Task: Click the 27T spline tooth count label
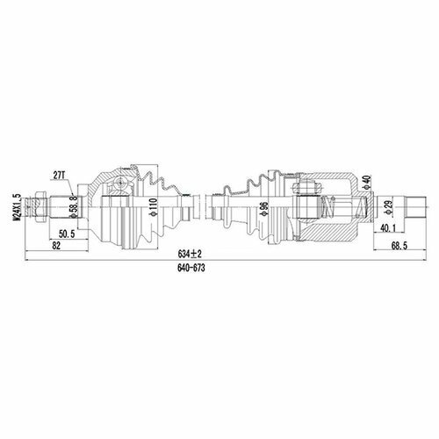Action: (x=59, y=176)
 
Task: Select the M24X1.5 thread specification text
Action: (x=18, y=207)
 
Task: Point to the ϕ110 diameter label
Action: (x=153, y=207)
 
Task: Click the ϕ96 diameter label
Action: (x=263, y=208)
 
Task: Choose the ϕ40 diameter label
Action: (x=366, y=183)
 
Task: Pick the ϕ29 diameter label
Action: (x=389, y=208)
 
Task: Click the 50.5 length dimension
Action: (x=67, y=234)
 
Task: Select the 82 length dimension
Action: (x=56, y=246)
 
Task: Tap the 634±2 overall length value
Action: (x=190, y=254)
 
